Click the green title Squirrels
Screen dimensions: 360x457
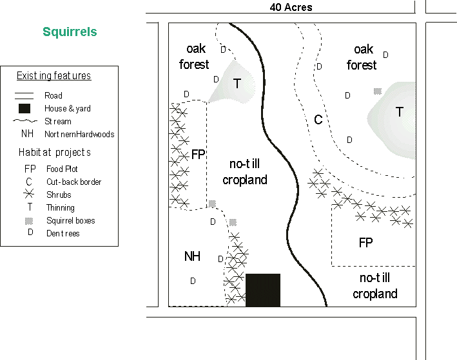(70, 32)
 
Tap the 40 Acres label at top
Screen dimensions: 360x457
(291, 7)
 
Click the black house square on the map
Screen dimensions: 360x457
(263, 290)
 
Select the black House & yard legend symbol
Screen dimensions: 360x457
(25, 108)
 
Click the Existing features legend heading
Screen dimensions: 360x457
(53, 76)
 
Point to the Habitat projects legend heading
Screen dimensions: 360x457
(54, 153)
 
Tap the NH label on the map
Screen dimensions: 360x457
(192, 256)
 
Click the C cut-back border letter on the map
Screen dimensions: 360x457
(318, 120)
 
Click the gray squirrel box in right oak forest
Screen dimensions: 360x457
(377, 91)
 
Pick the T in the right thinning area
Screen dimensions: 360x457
(400, 112)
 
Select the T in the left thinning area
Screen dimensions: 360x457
(237, 84)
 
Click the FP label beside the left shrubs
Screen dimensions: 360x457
(198, 155)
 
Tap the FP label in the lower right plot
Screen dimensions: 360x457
(365, 243)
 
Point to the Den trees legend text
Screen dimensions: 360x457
(63, 233)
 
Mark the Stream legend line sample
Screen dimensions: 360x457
(25, 121)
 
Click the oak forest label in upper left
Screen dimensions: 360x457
(195, 57)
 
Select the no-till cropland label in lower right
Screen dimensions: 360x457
(374, 286)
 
